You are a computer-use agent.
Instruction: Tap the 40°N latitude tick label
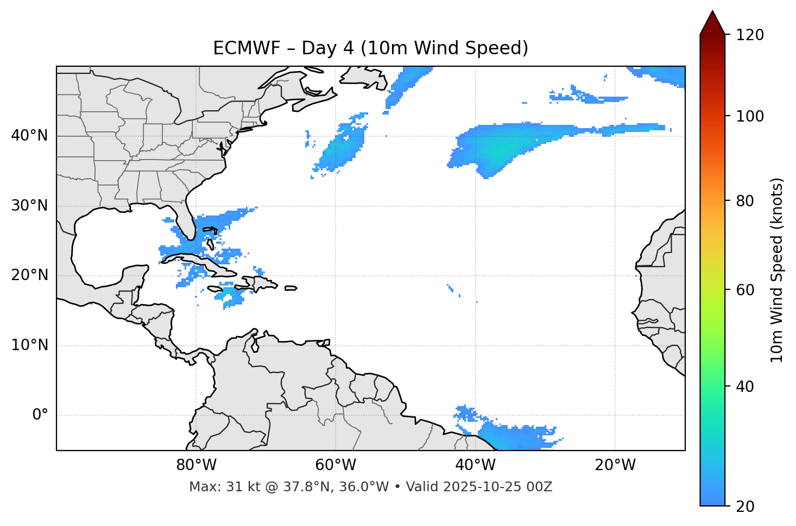click(x=29, y=136)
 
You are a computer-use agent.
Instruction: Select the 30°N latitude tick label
click(x=29, y=206)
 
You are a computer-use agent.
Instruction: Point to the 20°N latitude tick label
click(x=29, y=275)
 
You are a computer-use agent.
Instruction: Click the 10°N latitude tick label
click(x=29, y=345)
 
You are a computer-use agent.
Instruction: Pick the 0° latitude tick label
click(x=40, y=415)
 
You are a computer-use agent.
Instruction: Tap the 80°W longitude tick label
click(x=196, y=465)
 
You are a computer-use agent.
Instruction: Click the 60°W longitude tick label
click(x=336, y=465)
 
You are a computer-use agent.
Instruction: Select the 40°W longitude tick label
click(x=475, y=465)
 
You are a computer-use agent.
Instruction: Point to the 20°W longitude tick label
click(x=615, y=465)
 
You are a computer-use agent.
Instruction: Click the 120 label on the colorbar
click(x=750, y=35)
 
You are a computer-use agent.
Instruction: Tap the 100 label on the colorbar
click(x=750, y=116)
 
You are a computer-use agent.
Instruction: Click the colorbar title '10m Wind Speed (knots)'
click(x=777, y=270)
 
